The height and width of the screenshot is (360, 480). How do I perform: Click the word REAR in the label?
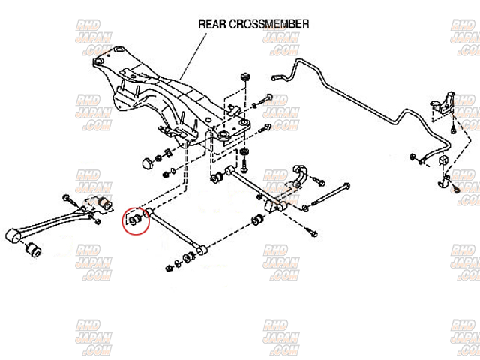click(x=211, y=24)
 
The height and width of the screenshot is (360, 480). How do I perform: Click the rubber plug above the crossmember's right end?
click(x=245, y=79)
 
